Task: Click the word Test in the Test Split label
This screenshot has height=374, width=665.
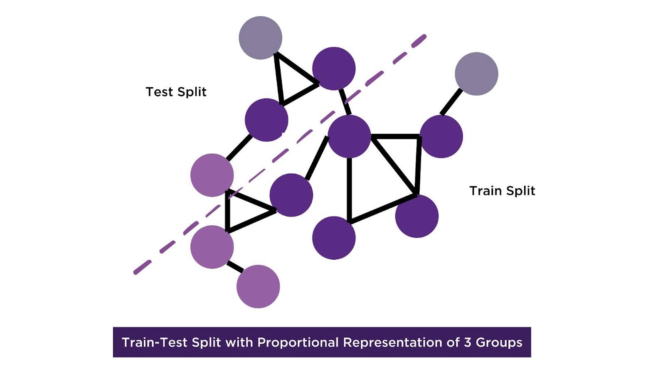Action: pyautogui.click(x=159, y=92)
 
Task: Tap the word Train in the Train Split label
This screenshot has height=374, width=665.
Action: pyautogui.click(x=486, y=191)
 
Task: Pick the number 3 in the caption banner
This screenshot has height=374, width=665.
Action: pyautogui.click(x=468, y=342)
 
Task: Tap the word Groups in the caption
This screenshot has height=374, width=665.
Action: pyautogui.click(x=499, y=342)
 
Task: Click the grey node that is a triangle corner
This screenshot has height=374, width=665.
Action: pyautogui.click(x=261, y=38)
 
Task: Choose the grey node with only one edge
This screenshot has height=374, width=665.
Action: pyautogui.click(x=476, y=74)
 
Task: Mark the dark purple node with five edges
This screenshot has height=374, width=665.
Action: pyautogui.click(x=349, y=136)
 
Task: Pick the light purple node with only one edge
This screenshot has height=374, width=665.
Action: pyautogui.click(x=258, y=286)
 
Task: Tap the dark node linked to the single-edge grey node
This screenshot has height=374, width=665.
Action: pyautogui.click(x=441, y=136)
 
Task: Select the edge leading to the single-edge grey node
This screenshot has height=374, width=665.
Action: pyautogui.click(x=451, y=102)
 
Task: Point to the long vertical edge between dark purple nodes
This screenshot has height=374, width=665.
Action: pyautogui.click(x=349, y=187)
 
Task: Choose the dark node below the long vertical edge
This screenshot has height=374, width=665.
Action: pyautogui.click(x=334, y=238)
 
